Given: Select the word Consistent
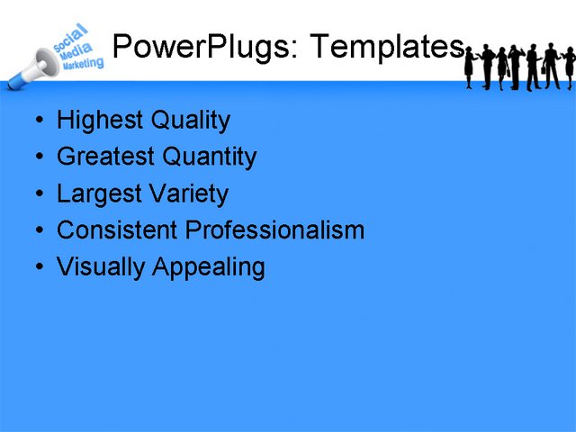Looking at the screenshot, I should pos(118,230).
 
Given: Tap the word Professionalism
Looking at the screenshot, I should pos(275,231).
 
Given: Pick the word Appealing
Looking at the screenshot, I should pos(209,268).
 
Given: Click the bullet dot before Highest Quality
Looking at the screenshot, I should pos(37,121).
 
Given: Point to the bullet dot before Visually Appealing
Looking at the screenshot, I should pos(37,267).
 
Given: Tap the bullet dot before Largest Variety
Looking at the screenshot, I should pos(37,193).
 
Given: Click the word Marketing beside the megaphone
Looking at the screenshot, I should pos(84,65).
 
